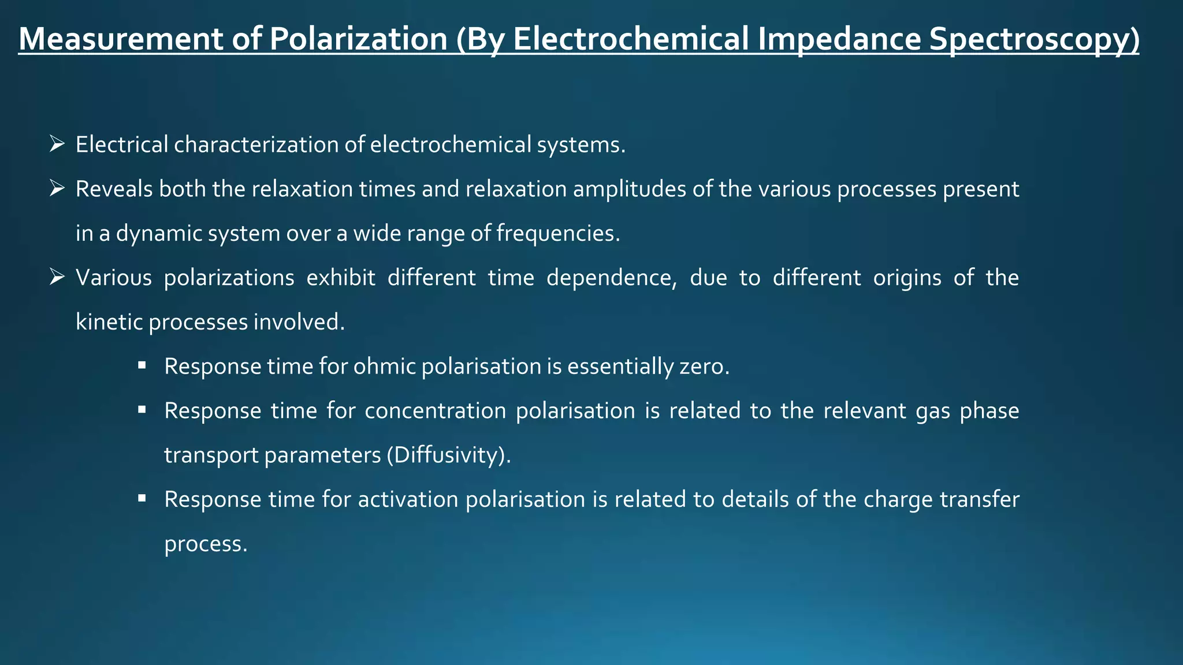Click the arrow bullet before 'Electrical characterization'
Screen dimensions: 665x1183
pos(57,144)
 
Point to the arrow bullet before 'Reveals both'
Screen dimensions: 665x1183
pos(57,188)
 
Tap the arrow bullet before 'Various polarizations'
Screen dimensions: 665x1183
pos(57,277)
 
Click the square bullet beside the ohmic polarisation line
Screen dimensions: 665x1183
pos(142,365)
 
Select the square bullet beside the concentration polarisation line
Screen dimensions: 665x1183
pos(142,410)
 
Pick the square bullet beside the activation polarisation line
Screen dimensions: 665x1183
pos(142,498)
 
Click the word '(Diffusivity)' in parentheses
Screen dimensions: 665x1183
pos(449,455)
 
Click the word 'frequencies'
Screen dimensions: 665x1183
pos(558,233)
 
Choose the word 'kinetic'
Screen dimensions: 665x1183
pos(109,322)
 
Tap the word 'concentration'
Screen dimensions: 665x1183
pos(435,411)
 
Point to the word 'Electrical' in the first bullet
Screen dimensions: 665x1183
pos(122,144)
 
